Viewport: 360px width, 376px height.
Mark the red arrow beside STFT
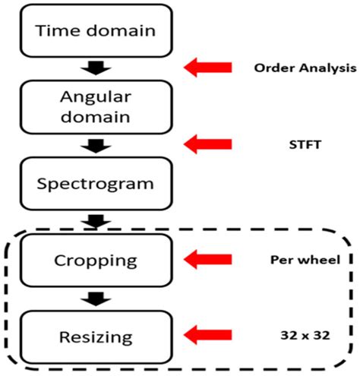(x=207, y=142)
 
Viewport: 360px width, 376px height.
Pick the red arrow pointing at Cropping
(x=207, y=259)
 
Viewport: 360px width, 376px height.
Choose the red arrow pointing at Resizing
(x=207, y=333)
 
